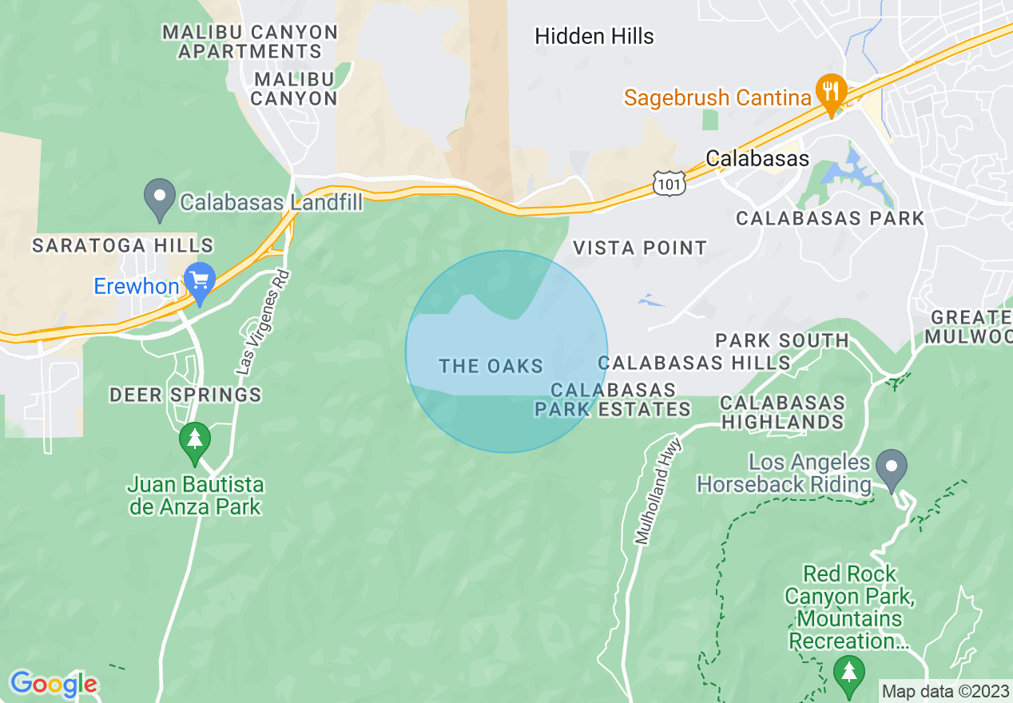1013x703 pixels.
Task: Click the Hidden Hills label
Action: (x=594, y=36)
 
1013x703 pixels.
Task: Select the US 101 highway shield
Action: (x=667, y=182)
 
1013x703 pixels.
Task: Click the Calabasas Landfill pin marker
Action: (x=160, y=197)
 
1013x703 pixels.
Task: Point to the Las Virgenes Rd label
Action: (x=263, y=323)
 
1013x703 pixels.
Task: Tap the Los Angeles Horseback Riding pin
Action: (x=892, y=467)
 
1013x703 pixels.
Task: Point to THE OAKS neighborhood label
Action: (x=491, y=367)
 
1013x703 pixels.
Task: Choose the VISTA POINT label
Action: (x=641, y=248)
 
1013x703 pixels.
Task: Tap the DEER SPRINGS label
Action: (x=185, y=395)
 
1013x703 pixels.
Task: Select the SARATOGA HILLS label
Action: (x=123, y=245)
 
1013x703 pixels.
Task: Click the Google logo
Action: (x=54, y=684)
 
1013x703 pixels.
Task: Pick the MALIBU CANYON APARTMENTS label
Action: (x=250, y=42)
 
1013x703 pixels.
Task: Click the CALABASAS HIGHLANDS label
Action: (x=782, y=412)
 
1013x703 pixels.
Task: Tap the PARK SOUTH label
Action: (x=781, y=341)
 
